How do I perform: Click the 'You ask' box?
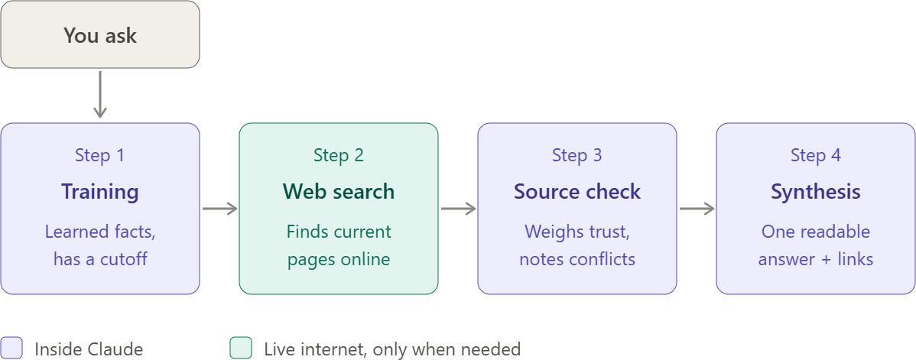(100, 34)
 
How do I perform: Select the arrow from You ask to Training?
(100, 94)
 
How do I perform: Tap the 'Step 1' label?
(100, 155)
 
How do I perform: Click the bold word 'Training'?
(100, 192)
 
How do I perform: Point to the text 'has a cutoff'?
(100, 259)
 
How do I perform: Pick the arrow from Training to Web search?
(219, 209)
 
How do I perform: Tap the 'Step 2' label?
(338, 155)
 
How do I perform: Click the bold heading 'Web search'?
(338, 192)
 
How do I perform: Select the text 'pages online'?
(338, 259)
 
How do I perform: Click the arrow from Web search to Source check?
(458, 209)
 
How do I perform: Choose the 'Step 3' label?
(577, 155)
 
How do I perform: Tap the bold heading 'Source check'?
(577, 192)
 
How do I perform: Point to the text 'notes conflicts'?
(577, 259)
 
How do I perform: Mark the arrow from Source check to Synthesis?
(697, 209)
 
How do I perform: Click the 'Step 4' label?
(816, 155)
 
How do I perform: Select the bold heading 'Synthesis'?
(816, 192)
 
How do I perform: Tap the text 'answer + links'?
(816, 259)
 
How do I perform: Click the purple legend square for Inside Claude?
(11, 348)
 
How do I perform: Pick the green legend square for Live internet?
(241, 348)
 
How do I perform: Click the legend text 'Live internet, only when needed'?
(392, 349)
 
